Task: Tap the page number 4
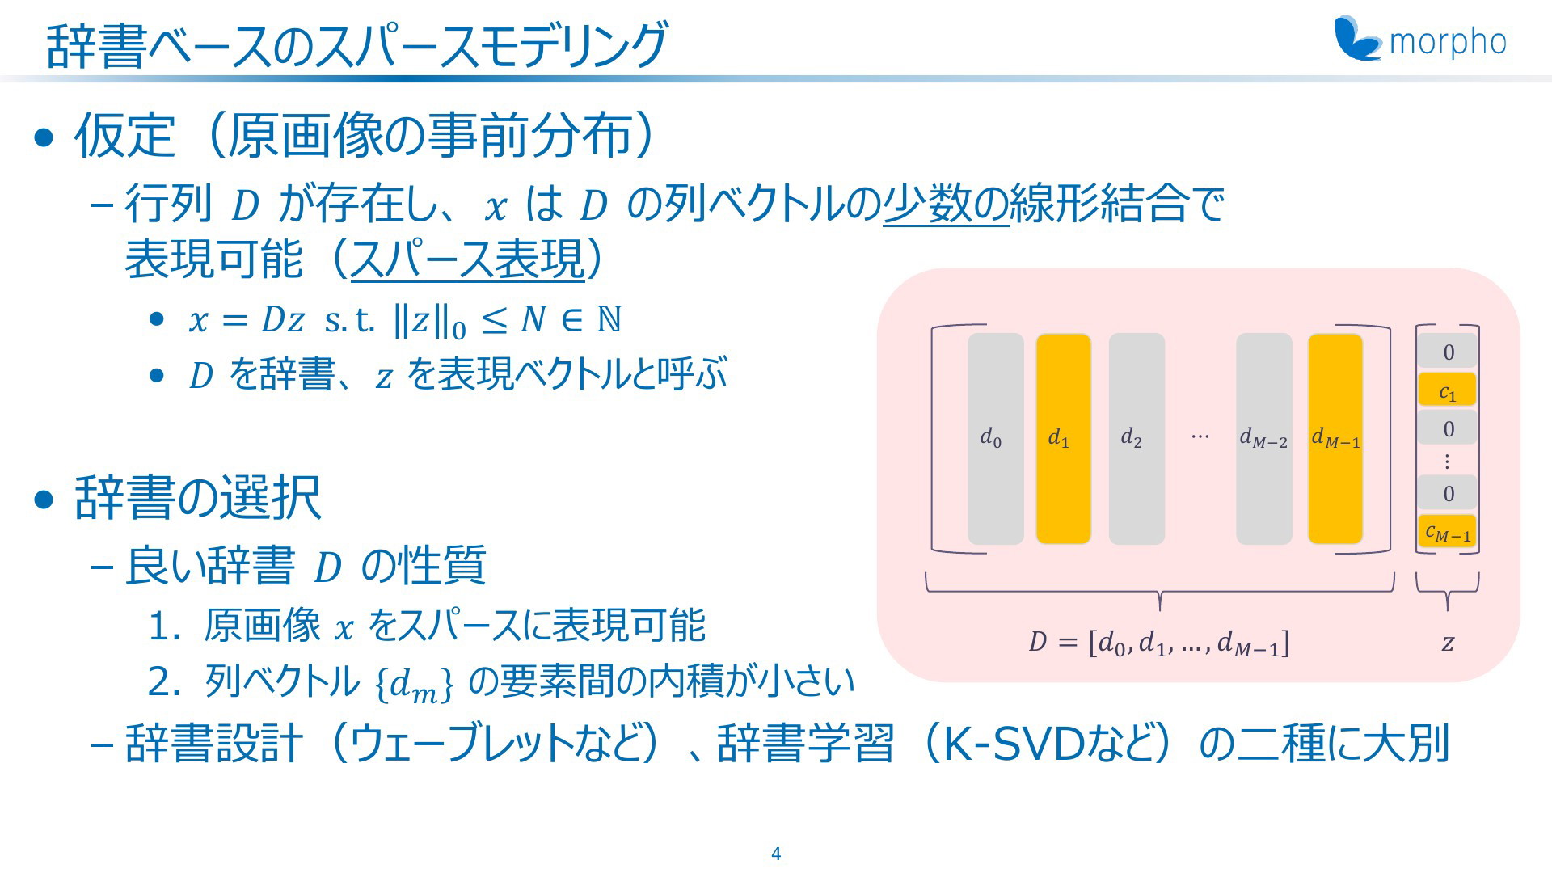(776, 854)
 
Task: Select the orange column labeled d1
(1063, 439)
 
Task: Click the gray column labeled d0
(995, 439)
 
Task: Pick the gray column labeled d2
(1137, 439)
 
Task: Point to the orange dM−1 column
(1335, 439)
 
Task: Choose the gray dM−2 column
(1263, 439)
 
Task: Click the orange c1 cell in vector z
(1447, 390)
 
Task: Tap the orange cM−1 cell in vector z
(1447, 531)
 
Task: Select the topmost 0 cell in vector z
(1447, 352)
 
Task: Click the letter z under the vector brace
(1448, 643)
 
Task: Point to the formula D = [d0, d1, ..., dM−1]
(1158, 643)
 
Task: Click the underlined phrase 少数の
(946, 204)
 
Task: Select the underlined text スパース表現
(467, 259)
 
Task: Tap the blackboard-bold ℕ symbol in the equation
(609, 318)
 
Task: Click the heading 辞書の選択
(198, 497)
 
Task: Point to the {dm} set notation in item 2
(415, 684)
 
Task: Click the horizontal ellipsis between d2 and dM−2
(1200, 436)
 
